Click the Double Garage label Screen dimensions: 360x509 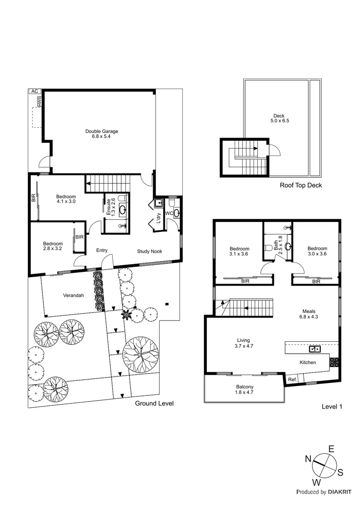102,134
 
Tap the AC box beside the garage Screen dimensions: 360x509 35,91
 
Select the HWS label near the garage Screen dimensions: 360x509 40,102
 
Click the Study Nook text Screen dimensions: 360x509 150,251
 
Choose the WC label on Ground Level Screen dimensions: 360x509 169,213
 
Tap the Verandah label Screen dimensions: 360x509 74,296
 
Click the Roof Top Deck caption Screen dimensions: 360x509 301,185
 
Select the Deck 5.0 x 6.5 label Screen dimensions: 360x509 279,118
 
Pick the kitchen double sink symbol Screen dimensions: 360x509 315,349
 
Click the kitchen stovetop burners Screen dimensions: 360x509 334,362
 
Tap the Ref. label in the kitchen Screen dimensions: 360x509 293,379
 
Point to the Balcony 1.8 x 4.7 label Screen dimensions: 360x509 245,390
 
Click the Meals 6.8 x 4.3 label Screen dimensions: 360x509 309,314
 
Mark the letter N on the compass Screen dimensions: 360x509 308,459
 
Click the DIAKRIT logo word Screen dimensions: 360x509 340,492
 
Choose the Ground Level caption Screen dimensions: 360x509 155,403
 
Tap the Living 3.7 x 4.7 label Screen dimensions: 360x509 244,343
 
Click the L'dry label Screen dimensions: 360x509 159,218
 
